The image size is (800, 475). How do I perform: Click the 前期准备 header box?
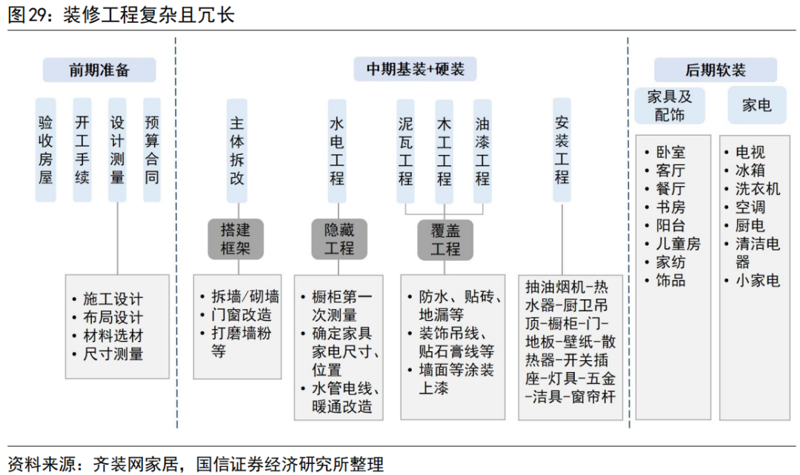pos(99,70)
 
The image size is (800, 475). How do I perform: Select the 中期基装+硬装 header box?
pos(415,70)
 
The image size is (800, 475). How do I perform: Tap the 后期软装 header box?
pos(715,70)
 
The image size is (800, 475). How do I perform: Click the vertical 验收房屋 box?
pos(46,150)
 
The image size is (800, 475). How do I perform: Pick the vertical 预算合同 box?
pos(152,150)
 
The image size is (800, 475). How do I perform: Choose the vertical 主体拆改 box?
pos(236,150)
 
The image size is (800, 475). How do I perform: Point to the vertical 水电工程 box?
pos(337,150)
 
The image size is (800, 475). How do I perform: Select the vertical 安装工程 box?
pos(561,150)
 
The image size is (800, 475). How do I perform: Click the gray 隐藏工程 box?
pos(339,239)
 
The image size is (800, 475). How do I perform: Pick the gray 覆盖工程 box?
pos(444,239)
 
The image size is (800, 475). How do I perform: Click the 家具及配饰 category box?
pos(670,106)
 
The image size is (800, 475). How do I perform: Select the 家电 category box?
pos(756,105)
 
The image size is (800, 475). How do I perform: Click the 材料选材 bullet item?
pos(113,336)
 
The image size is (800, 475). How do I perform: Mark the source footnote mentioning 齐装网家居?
pos(196,465)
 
